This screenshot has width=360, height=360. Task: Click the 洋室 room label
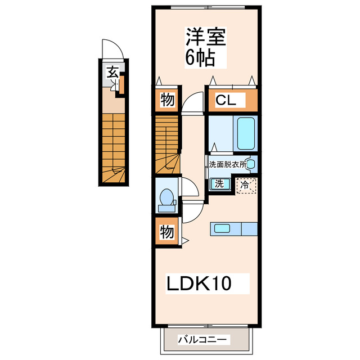click(x=206, y=37)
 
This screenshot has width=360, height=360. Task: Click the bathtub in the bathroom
click(x=246, y=133)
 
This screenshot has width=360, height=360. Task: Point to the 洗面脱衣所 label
click(x=227, y=164)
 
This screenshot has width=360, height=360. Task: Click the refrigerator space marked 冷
click(x=246, y=184)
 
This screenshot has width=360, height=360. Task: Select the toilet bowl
click(x=166, y=198)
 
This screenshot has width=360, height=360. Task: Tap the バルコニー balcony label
click(x=203, y=340)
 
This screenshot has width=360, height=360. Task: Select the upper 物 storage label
click(x=167, y=101)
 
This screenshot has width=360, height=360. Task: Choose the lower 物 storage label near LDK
click(x=167, y=231)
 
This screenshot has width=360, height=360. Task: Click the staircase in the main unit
click(x=167, y=143)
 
